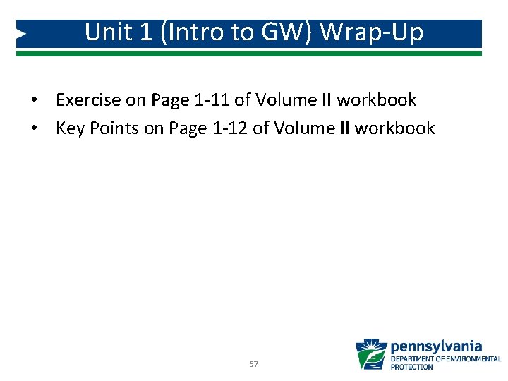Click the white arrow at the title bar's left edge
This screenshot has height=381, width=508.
tap(21, 33)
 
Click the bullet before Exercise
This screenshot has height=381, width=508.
tap(33, 101)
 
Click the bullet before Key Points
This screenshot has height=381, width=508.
tap(33, 129)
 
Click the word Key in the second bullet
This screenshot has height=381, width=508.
tap(69, 128)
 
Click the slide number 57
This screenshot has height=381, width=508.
tap(254, 364)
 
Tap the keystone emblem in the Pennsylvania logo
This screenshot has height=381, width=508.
tap(371, 355)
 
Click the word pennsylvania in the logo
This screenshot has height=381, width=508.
tap(436, 346)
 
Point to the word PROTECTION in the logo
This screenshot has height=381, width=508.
tap(411, 367)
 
